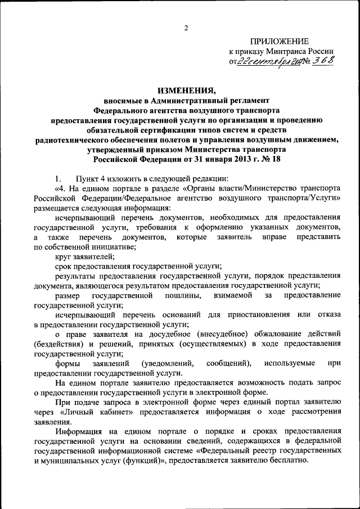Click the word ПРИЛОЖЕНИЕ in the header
click(x=280, y=41)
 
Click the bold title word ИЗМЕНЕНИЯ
click(x=187, y=89)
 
